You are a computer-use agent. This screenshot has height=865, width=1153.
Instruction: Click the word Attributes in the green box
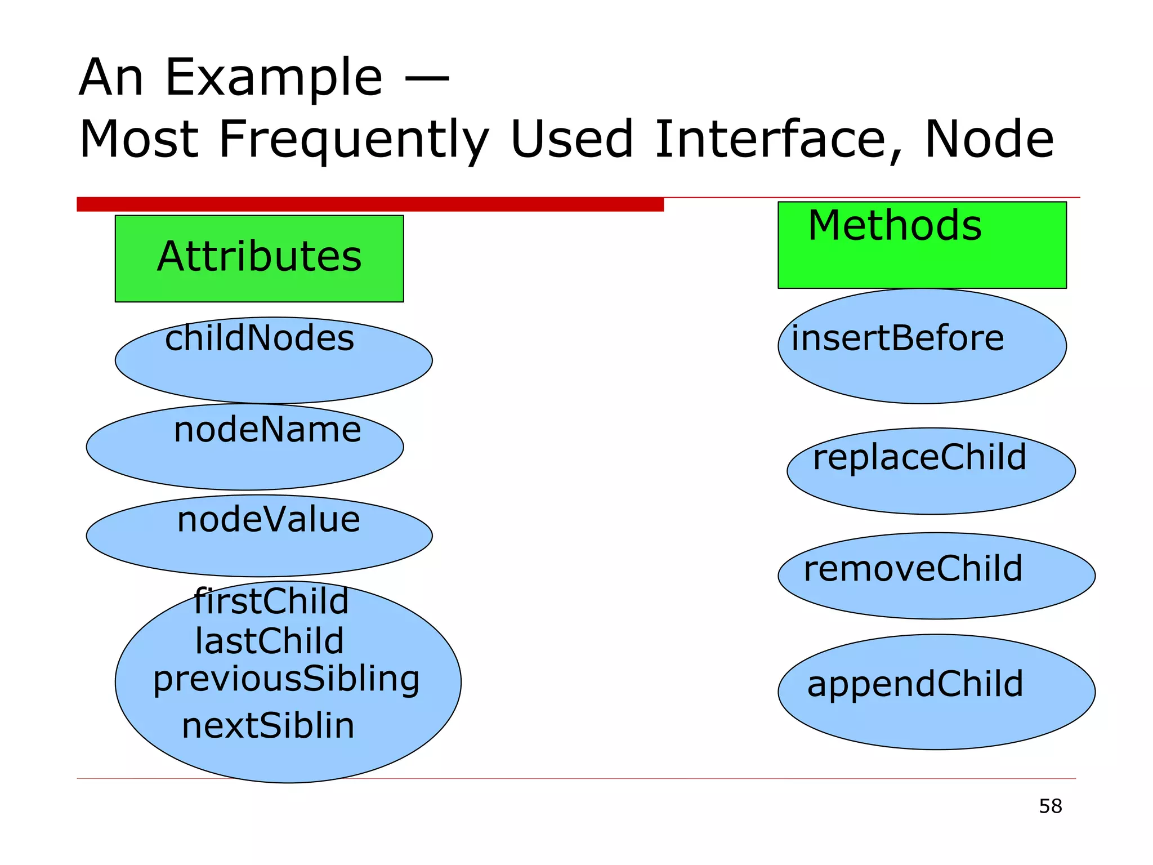[259, 257]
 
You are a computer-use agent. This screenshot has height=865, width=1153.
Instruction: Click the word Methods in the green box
[895, 226]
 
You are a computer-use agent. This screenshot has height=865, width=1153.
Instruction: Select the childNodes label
[260, 338]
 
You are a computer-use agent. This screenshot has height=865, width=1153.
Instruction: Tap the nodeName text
[267, 430]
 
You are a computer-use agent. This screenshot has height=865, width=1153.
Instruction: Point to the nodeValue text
[269, 519]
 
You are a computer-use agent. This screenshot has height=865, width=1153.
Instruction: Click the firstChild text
[271, 601]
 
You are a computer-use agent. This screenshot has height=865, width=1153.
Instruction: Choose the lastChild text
[269, 641]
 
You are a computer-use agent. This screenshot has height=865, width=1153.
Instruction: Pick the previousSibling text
[286, 679]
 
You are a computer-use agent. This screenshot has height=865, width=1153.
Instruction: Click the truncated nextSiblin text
[268, 725]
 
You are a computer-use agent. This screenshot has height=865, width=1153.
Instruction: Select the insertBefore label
[897, 338]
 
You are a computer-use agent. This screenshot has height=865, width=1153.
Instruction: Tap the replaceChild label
[919, 457]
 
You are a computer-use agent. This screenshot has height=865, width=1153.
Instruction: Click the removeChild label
[913, 568]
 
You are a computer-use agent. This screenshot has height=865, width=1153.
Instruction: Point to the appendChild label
[915, 684]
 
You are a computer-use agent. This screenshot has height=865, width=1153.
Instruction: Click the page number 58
[1050, 806]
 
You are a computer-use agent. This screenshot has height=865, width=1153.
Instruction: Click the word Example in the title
[274, 78]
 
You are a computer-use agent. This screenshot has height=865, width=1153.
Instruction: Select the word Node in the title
[989, 139]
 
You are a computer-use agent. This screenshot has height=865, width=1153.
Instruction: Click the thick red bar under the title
[370, 204]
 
